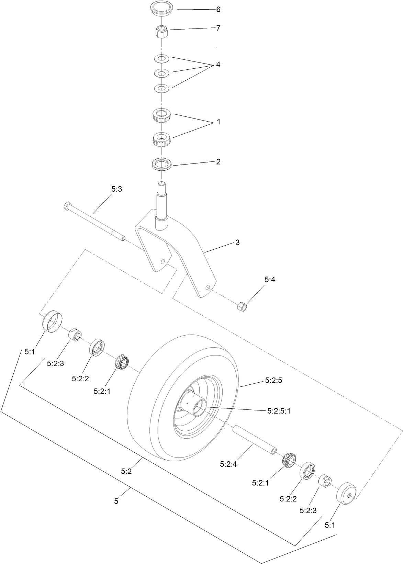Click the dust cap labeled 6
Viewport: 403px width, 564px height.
click(x=161, y=8)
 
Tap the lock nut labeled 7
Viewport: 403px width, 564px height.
click(x=161, y=32)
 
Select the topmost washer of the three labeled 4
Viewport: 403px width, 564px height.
click(x=161, y=58)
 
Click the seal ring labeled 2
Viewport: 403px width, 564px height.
click(x=162, y=164)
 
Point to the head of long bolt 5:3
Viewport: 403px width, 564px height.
click(x=67, y=206)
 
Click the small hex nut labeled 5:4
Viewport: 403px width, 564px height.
click(x=242, y=305)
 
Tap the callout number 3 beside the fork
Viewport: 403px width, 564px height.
click(x=237, y=242)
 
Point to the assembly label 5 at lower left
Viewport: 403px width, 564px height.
click(x=116, y=501)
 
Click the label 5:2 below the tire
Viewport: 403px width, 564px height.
click(x=126, y=472)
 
